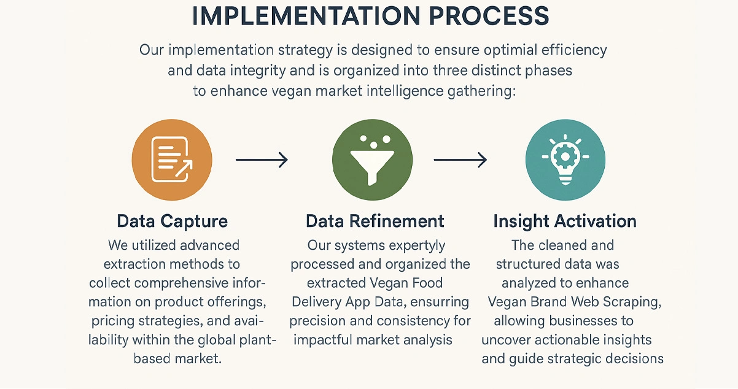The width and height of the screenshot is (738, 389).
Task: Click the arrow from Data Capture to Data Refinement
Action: [262, 160]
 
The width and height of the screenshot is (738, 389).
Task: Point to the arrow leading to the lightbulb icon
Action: [460, 160]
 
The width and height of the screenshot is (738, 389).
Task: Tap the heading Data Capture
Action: [172, 221]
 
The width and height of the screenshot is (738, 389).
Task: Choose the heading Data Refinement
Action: [375, 221]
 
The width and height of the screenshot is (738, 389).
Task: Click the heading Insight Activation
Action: [565, 221]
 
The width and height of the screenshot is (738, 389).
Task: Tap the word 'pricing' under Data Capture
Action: [114, 321]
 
